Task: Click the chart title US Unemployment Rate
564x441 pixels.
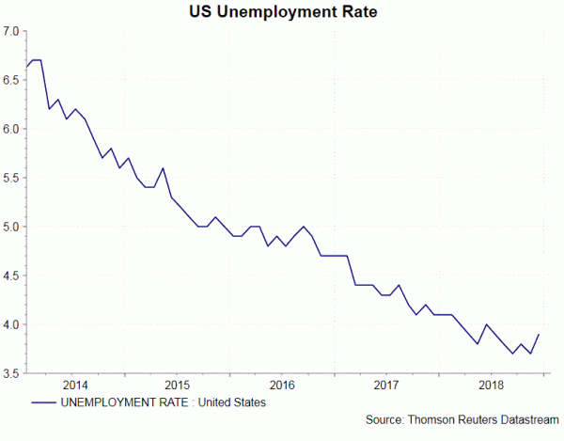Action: [281, 12]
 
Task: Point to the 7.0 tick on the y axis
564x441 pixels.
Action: [11, 31]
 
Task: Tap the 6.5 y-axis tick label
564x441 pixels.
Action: [11, 80]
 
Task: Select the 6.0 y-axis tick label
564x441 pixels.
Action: [11, 129]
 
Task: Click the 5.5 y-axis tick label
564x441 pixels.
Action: [11, 178]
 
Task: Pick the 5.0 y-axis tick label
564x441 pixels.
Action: [11, 227]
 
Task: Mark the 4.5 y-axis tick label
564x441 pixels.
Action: [11, 276]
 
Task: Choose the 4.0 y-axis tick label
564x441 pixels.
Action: [11, 324]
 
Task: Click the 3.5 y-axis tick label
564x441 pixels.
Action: [11, 373]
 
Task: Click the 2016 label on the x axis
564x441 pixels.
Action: [282, 386]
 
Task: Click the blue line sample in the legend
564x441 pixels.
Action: [41, 403]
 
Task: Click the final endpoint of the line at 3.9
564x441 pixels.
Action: [538, 335]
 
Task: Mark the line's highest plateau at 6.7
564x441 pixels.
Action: [37, 60]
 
